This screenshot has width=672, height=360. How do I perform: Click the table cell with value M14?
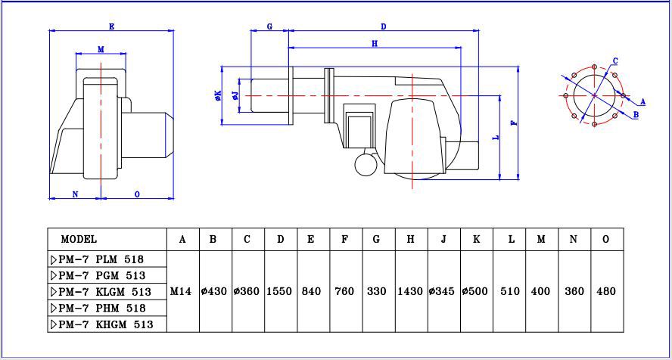point(181,291)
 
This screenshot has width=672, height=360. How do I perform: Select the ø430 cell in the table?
point(214,291)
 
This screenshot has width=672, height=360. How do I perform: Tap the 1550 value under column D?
point(280,291)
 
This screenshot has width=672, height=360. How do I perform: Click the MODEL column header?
point(79,239)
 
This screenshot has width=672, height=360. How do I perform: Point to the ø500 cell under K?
point(476,291)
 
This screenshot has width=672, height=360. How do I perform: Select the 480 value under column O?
point(606,291)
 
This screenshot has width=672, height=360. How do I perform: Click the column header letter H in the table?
point(410,239)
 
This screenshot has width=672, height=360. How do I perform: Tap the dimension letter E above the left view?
point(111,26)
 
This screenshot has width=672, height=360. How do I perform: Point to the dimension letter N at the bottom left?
point(75,194)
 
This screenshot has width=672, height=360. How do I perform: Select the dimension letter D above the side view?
point(384,26)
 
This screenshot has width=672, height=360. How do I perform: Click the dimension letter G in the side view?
point(269,26)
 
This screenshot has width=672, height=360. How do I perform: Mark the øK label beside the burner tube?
point(218,95)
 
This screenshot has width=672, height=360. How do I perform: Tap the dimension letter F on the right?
point(514,123)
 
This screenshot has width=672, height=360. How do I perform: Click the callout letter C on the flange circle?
point(615,61)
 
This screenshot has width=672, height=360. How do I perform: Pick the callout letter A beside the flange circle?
point(642,101)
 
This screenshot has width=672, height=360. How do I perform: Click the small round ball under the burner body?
point(366,163)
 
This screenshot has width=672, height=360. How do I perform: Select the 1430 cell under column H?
point(410,291)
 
